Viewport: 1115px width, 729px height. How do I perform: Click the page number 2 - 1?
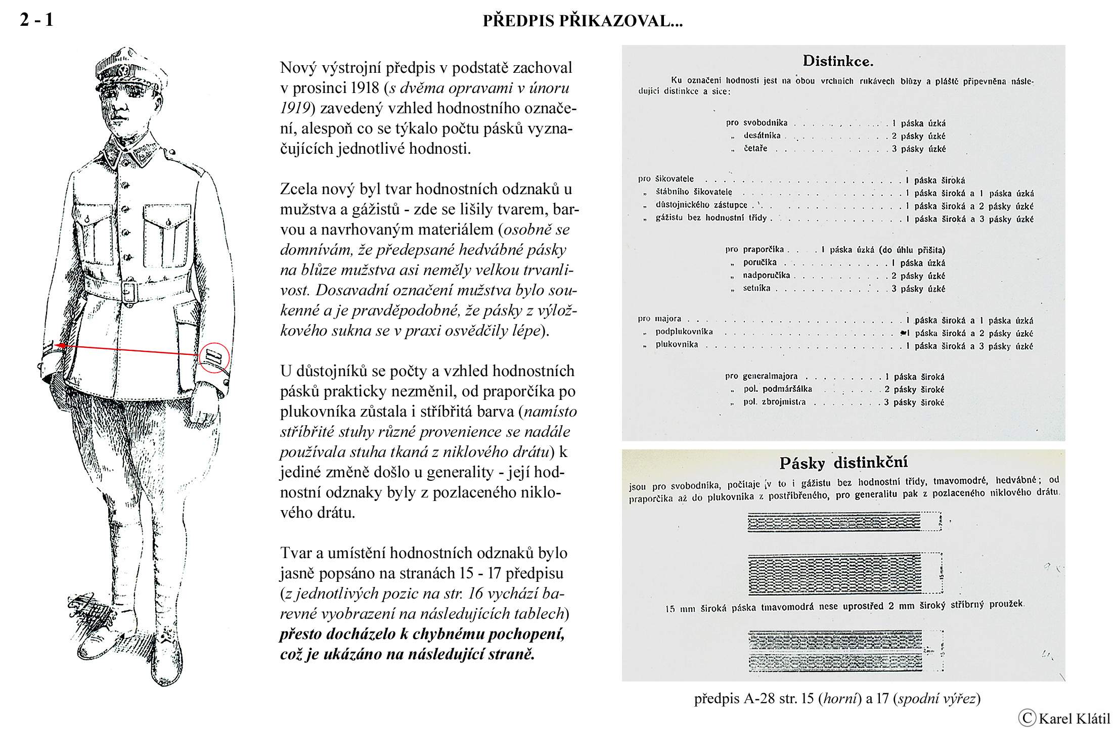(x=36, y=20)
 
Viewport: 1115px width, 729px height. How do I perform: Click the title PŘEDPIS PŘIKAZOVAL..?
(x=583, y=21)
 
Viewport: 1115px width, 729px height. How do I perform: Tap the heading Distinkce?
(x=838, y=62)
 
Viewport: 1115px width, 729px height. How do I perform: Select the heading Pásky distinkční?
(x=843, y=463)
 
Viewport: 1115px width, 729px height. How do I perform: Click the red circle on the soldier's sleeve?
(x=214, y=358)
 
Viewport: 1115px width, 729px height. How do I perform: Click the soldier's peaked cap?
(x=129, y=68)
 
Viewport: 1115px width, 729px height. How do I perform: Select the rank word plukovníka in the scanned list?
(x=677, y=345)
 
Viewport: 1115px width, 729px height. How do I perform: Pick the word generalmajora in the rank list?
(x=770, y=376)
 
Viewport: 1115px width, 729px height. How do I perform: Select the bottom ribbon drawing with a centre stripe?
(x=839, y=651)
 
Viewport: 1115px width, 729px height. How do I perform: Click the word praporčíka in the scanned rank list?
(x=764, y=249)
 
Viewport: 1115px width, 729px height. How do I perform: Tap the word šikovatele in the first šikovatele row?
(x=674, y=179)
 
